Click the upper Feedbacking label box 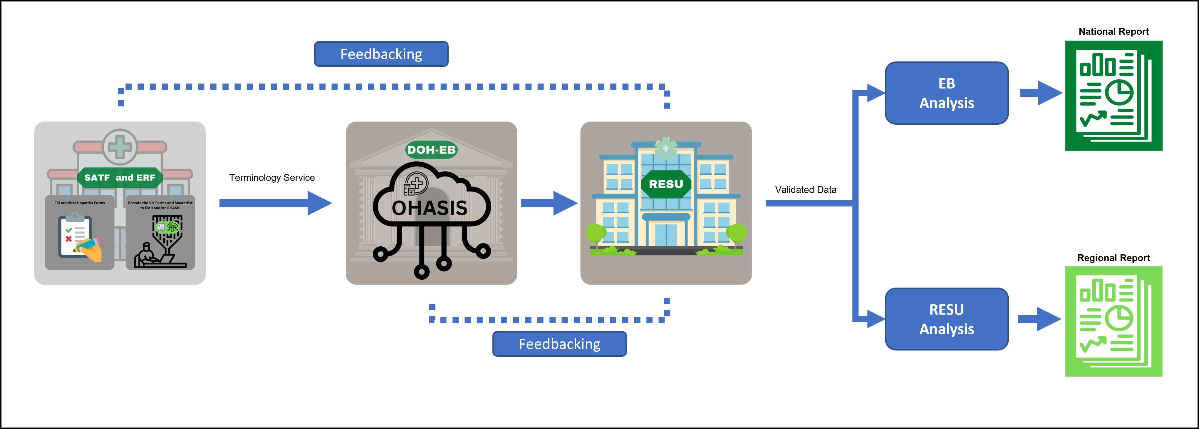[x=381, y=54]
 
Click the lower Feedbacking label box [x=559, y=344]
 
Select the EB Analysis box [x=946, y=93]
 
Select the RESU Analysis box [x=946, y=319]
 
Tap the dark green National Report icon [x=1114, y=96]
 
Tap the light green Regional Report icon [x=1114, y=321]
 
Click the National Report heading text [x=1114, y=32]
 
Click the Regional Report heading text [x=1114, y=258]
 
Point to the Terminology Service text [x=272, y=178]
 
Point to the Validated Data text [x=805, y=190]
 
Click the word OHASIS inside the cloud [x=429, y=208]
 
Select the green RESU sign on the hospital [x=665, y=184]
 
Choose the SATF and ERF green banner [x=120, y=178]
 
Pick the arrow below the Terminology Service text [x=275, y=203]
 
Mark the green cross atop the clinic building [x=120, y=147]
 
